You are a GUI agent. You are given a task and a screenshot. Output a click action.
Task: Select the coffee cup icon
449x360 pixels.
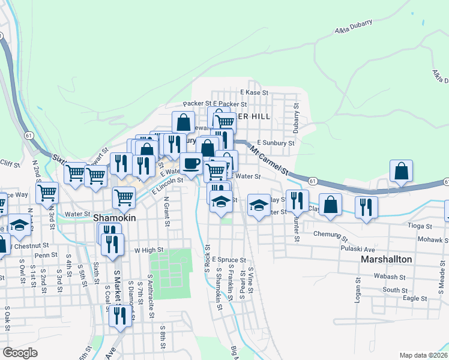point(191,164)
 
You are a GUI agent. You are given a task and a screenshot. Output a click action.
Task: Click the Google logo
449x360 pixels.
point(20,352)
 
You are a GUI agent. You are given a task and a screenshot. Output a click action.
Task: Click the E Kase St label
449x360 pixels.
point(253,93)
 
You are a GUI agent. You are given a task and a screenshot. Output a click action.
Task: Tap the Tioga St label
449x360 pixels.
point(420,226)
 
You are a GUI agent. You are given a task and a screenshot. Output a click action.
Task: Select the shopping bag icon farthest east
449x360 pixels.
point(401,171)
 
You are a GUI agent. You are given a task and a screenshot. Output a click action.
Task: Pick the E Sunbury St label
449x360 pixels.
point(276,143)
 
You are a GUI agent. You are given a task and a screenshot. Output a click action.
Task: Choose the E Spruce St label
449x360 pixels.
point(229,260)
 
